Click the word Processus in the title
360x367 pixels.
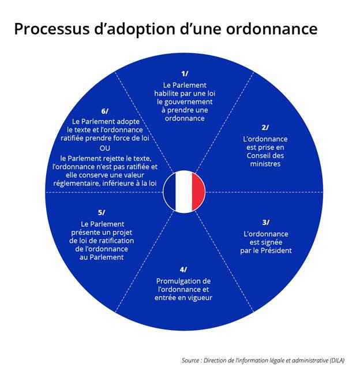click(52, 29)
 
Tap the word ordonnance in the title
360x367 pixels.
click(272, 29)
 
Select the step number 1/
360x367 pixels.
click(185, 74)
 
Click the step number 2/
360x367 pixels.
click(265, 128)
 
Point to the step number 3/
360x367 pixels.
click(266, 222)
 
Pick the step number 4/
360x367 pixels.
click(183, 269)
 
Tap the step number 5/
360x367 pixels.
click(102, 212)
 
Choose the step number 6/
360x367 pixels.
click(105, 111)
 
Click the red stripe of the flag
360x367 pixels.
click(198, 192)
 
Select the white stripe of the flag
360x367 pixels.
click(184, 192)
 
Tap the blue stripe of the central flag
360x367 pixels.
click(170, 192)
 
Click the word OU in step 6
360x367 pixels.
click(105, 148)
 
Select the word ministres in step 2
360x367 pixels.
click(265, 164)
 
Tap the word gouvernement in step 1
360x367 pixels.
click(185, 102)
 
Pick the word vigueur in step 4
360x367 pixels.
click(200, 298)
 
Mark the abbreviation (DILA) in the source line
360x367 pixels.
click(337, 360)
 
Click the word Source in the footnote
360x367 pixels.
click(190, 360)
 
